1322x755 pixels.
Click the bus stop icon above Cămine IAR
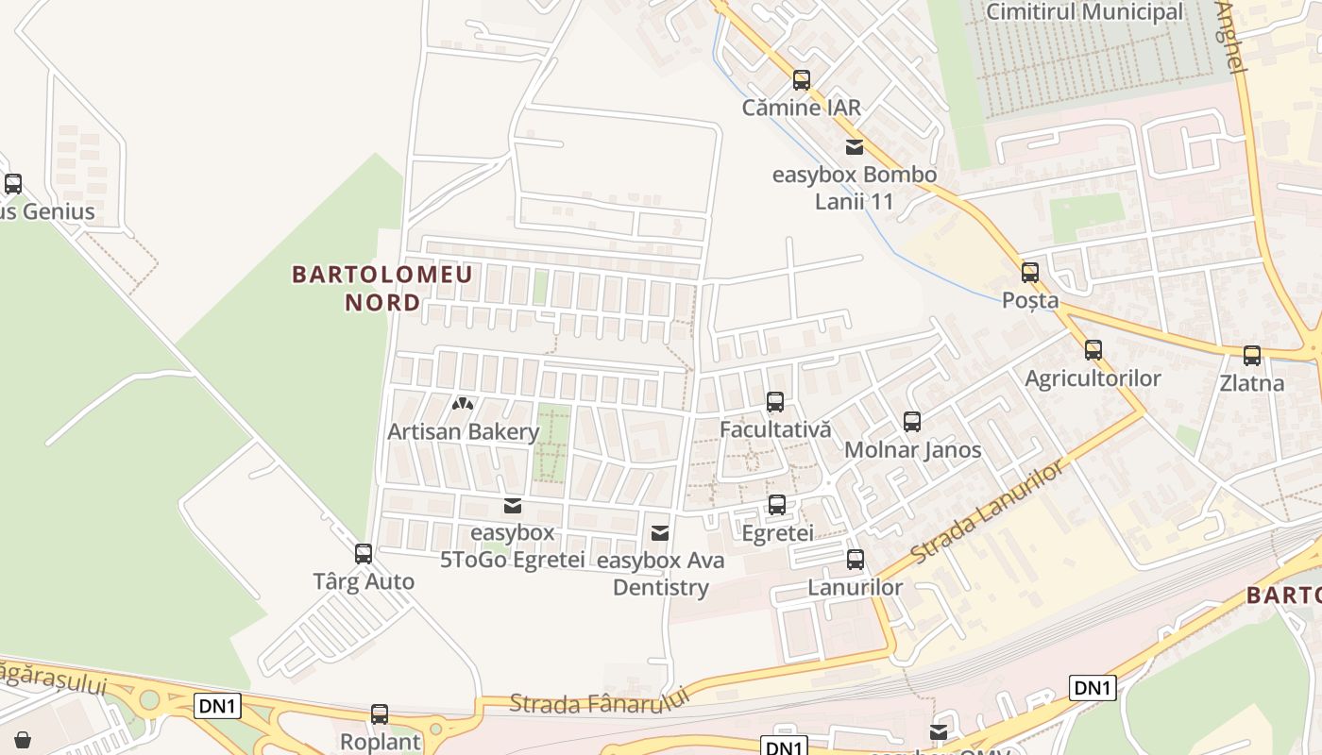click(x=802, y=80)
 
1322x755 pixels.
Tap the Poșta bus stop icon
click(x=1030, y=273)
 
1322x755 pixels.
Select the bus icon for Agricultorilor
click(x=1093, y=350)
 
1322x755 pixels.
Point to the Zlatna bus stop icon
click(x=1252, y=356)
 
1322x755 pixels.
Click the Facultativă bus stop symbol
click(x=775, y=402)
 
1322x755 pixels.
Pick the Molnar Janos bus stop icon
click(x=912, y=422)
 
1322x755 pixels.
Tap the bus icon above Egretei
click(x=777, y=505)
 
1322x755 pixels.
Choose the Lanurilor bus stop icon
click(x=856, y=560)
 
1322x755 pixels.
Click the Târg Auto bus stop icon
click(x=364, y=554)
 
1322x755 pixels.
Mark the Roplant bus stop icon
click(x=380, y=714)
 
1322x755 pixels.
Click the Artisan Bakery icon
click(x=462, y=404)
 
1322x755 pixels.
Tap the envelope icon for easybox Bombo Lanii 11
click(x=855, y=147)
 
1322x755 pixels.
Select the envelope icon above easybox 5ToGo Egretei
click(x=513, y=506)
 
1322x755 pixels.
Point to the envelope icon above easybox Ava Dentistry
click(x=660, y=534)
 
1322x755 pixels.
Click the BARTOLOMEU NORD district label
click(x=382, y=289)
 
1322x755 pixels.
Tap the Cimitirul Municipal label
click(x=1084, y=12)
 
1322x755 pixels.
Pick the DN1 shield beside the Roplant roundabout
click(x=218, y=705)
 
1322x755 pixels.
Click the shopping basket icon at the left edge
click(x=23, y=739)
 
